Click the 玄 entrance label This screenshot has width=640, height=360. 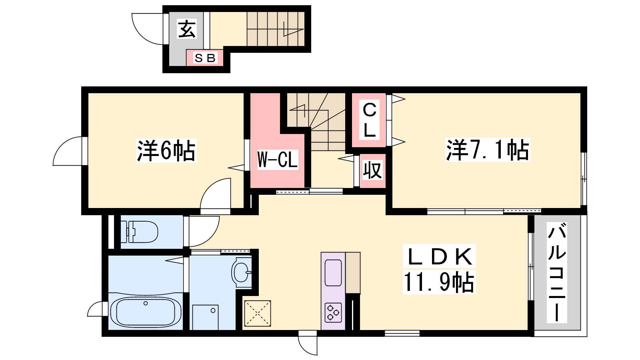[187, 29]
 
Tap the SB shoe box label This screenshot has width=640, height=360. [204, 58]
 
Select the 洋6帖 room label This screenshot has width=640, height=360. [166, 150]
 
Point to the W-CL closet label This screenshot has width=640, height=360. [278, 160]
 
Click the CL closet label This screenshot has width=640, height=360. [370, 120]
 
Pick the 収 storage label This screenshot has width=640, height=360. [372, 170]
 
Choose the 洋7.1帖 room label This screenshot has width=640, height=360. [488, 150]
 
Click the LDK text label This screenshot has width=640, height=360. [439, 256]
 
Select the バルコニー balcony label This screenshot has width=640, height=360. [557, 273]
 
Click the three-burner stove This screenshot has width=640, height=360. [333, 312]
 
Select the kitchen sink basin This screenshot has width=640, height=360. [333, 273]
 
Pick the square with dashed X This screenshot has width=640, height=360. [258, 313]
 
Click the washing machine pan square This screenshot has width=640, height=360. [206, 318]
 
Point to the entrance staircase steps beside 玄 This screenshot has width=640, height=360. [276, 29]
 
